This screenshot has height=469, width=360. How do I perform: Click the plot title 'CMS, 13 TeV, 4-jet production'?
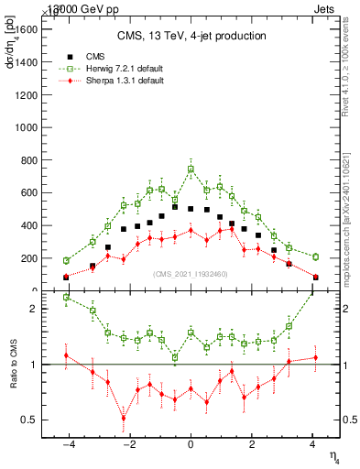191,37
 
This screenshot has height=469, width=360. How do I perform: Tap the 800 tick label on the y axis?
29,160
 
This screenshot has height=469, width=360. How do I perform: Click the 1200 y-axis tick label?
26,95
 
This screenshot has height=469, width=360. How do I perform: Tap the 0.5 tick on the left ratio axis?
28,420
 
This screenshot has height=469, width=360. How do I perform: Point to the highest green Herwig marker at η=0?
191,169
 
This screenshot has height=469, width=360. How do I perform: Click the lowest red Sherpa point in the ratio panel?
123,419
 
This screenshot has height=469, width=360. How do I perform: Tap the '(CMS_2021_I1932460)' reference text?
191,274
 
